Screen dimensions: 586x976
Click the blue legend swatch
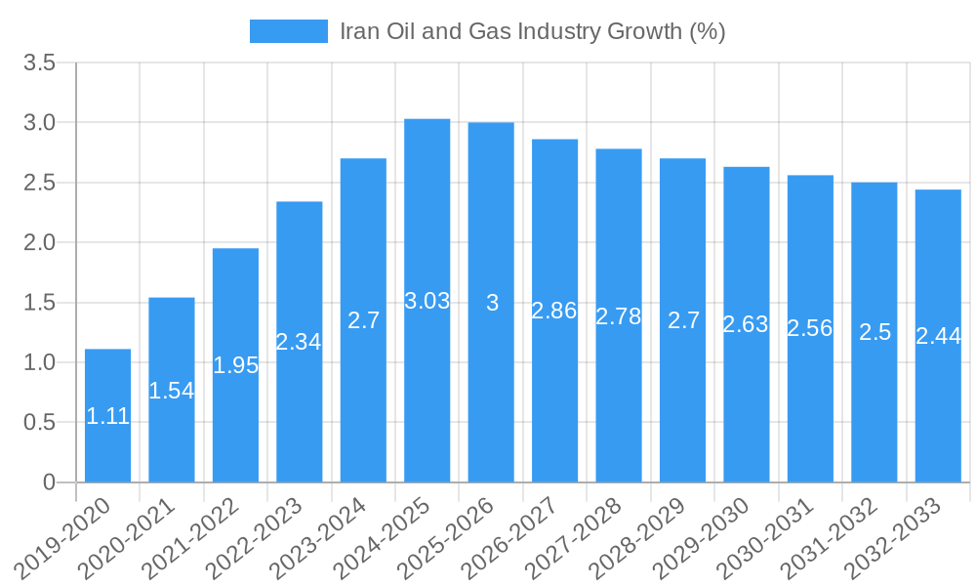click(288, 31)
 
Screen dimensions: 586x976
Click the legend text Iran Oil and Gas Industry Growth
click(532, 31)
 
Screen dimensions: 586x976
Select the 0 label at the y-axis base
click(50, 482)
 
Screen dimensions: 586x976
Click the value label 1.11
click(107, 416)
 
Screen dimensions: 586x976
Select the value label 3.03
click(427, 301)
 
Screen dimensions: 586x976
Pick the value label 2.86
click(554, 311)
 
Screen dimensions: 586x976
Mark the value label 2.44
click(938, 336)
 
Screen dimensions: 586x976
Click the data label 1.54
click(172, 391)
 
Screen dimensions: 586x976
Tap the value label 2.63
click(746, 324)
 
